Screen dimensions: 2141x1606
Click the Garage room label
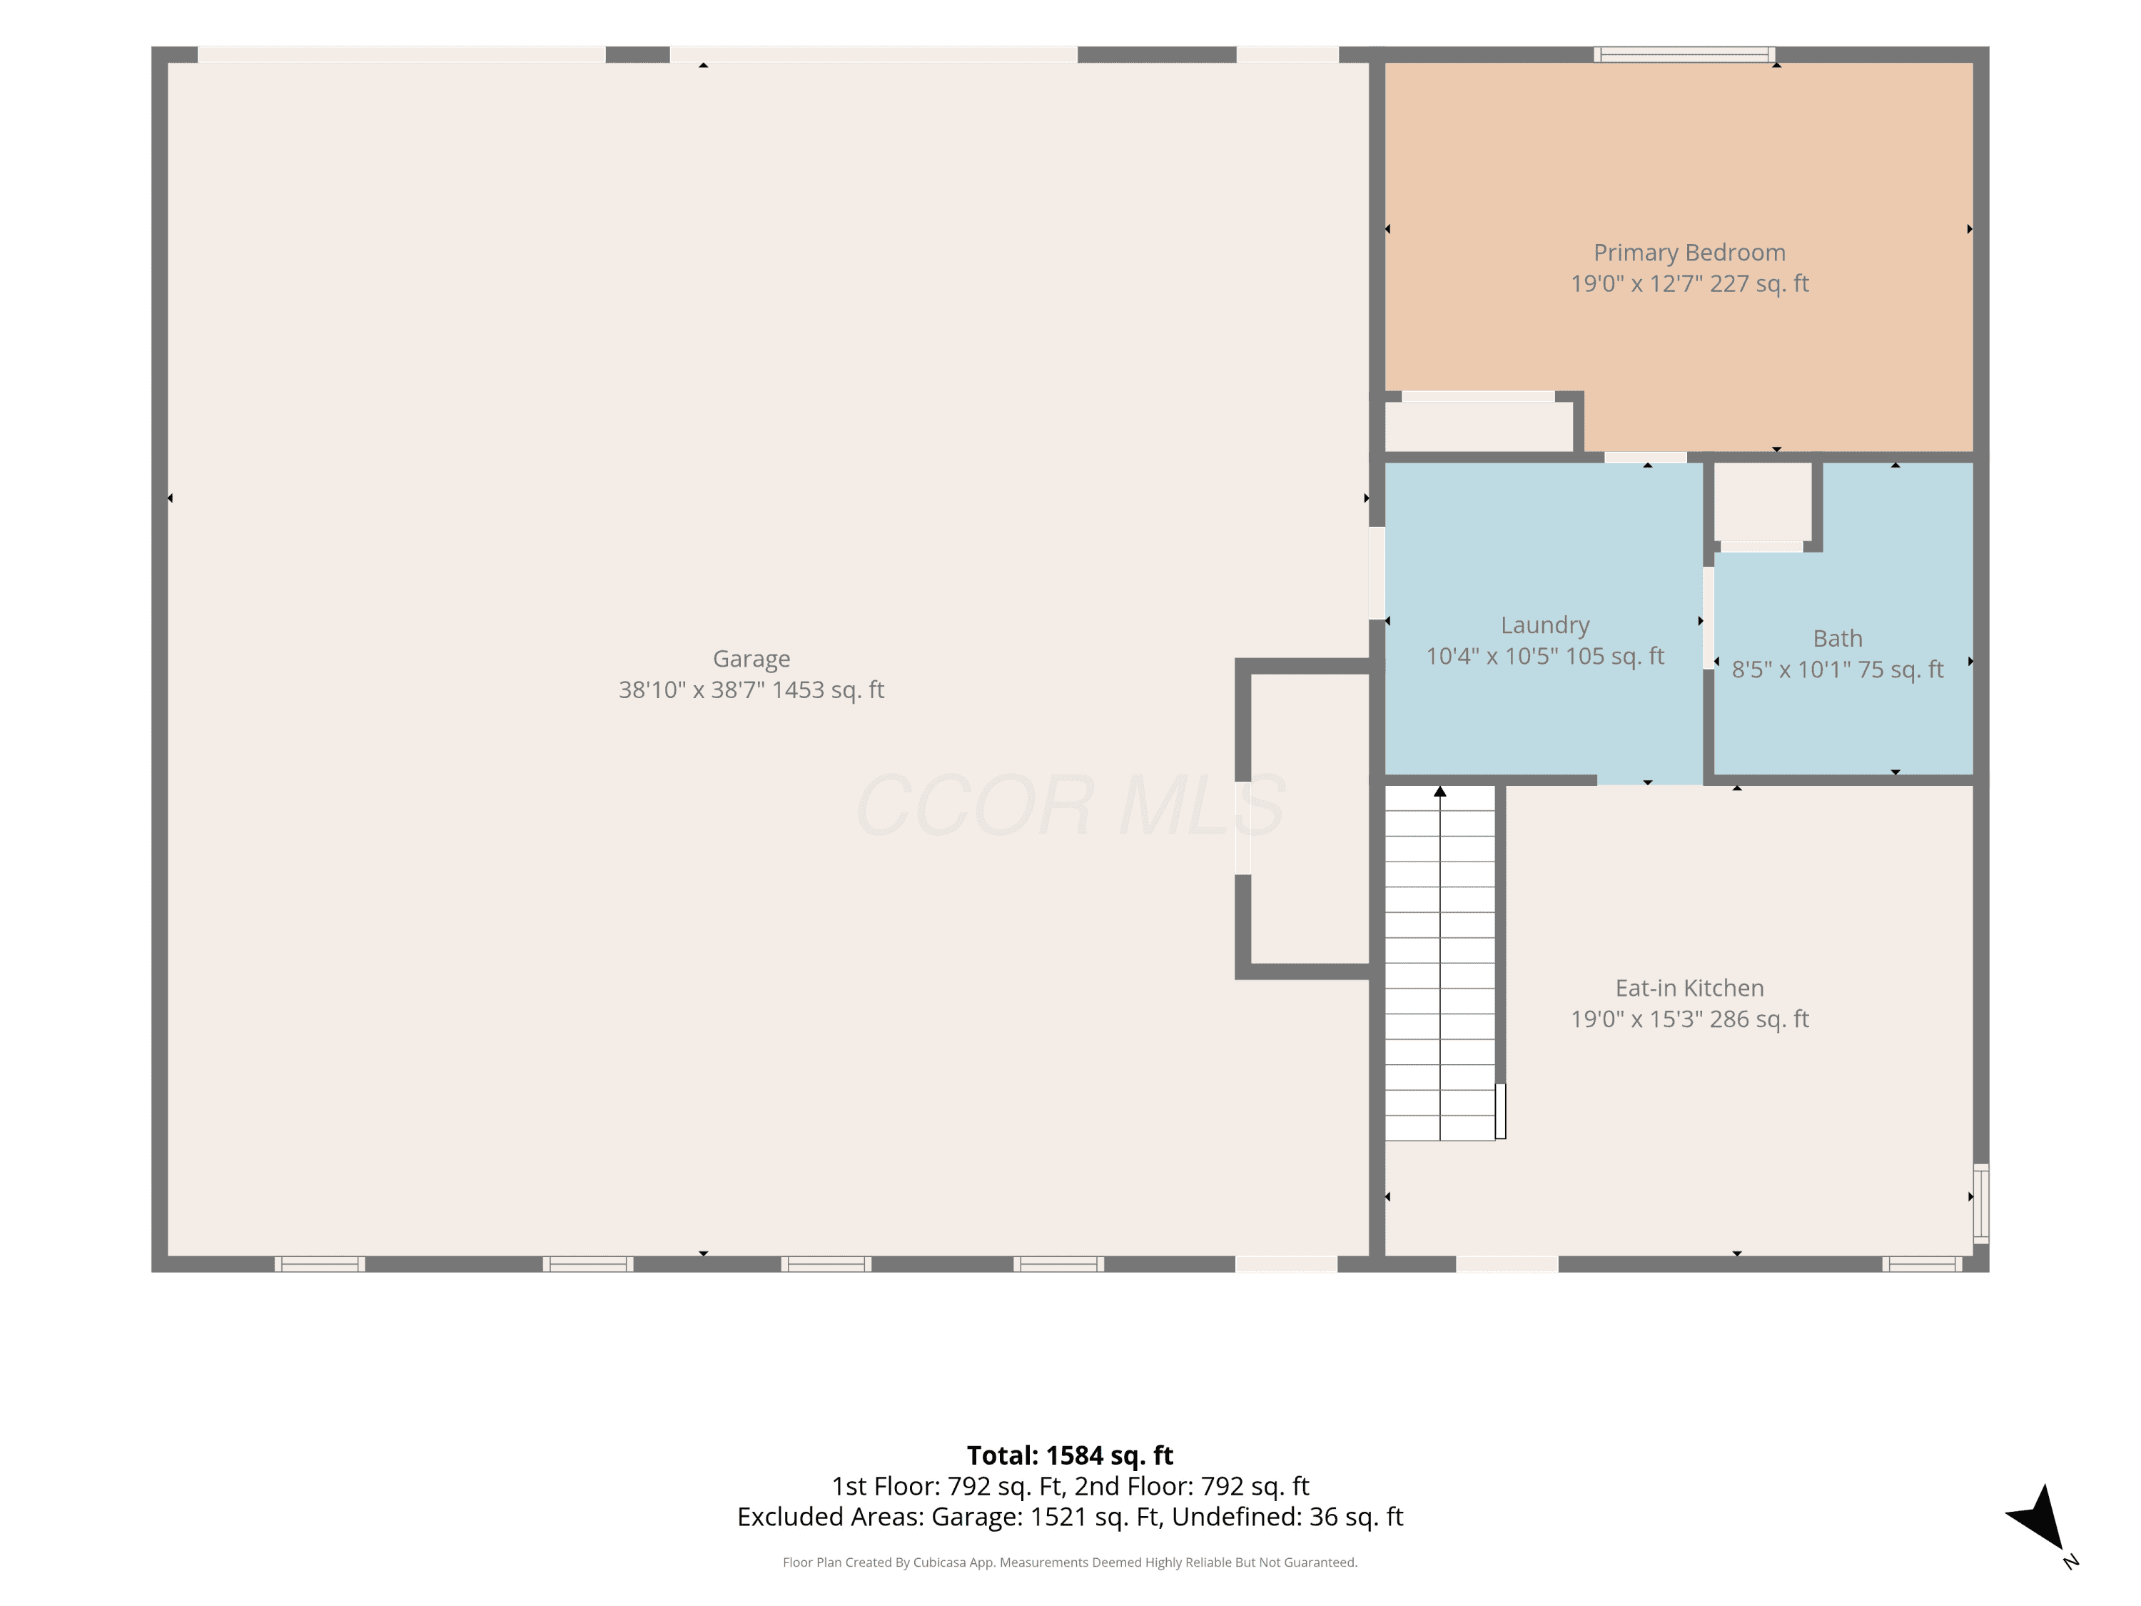click(751, 658)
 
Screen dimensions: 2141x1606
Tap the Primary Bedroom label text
click(1689, 253)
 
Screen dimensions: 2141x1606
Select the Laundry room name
click(1545, 625)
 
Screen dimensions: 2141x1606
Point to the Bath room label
click(1837, 638)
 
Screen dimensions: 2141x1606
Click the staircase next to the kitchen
click(1440, 962)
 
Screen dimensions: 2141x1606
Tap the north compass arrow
click(2040, 1520)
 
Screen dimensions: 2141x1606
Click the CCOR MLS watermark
click(1070, 804)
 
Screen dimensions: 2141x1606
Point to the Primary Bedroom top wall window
click(1684, 54)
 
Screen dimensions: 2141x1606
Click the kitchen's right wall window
click(1980, 1203)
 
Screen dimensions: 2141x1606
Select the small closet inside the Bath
click(1763, 502)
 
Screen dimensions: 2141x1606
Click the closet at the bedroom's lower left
click(1478, 427)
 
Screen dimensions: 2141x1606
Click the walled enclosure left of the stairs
click(1310, 819)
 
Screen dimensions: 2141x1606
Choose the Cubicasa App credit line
click(1070, 1562)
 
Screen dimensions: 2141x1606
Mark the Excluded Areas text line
click(1070, 1517)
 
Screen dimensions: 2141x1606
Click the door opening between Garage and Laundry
click(1377, 573)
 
